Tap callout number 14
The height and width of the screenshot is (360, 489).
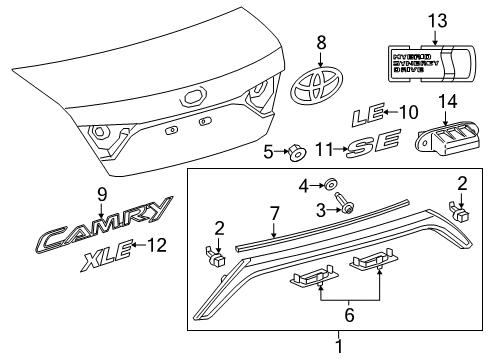click(x=447, y=100)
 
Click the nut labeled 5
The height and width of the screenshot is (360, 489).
click(x=296, y=153)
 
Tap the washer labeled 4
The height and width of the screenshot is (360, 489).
click(x=328, y=184)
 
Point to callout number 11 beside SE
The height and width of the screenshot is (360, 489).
click(x=322, y=150)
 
